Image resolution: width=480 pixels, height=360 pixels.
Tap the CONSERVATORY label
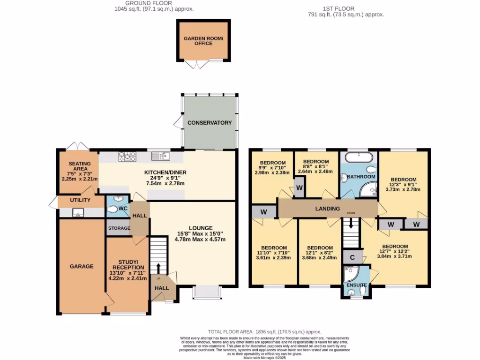pos(210,123)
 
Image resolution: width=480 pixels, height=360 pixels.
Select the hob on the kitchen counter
pos(127,156)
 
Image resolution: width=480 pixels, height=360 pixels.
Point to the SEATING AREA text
pos(80,166)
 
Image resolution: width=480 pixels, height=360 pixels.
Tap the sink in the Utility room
pos(77,213)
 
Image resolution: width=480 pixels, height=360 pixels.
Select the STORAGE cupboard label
pos(119,228)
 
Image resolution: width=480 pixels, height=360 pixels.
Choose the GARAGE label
pos(82,266)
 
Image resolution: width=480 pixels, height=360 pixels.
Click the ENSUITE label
pos(357,285)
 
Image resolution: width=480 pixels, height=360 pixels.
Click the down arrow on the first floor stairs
pos(351,225)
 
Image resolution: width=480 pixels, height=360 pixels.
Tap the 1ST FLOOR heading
pos(338,8)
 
